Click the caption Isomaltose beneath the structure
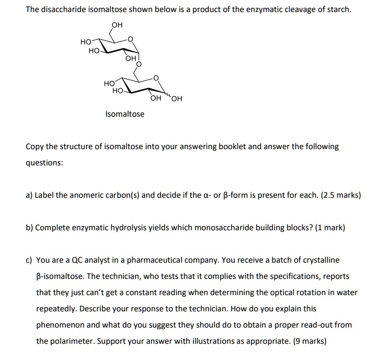[124, 114]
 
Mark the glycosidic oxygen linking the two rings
[139, 64]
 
